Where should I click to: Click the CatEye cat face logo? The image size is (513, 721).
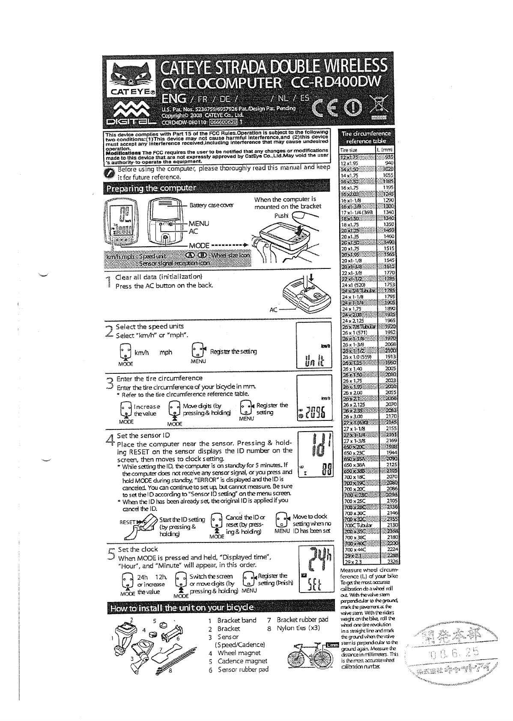pos(130,78)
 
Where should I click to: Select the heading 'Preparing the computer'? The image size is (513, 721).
pos(151,188)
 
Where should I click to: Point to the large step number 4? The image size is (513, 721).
pos(110,440)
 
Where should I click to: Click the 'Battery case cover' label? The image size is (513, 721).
pos(212,205)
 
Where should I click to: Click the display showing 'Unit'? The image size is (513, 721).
pos(313,346)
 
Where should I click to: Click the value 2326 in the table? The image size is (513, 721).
pos(390,561)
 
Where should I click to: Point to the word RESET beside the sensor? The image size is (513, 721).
pos(127,522)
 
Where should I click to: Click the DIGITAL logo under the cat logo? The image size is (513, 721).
pos(128,116)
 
